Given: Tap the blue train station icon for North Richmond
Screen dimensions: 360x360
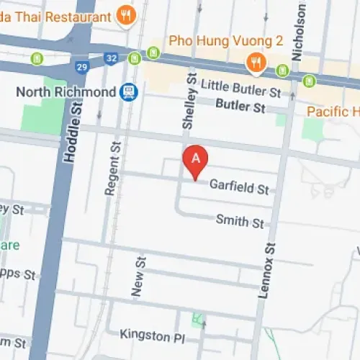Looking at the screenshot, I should pos(130,92).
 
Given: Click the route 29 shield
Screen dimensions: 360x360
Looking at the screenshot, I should pos(81,67).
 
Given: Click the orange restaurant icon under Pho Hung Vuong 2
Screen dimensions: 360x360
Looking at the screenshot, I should pos(255,63).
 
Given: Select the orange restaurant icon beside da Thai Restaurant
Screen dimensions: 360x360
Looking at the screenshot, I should pos(127,14).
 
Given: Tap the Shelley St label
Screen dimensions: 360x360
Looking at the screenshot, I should pos(189,107).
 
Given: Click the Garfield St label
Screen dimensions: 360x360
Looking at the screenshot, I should pos(238,187).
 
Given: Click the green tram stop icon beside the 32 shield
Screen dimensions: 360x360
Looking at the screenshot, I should pos(153,53).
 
